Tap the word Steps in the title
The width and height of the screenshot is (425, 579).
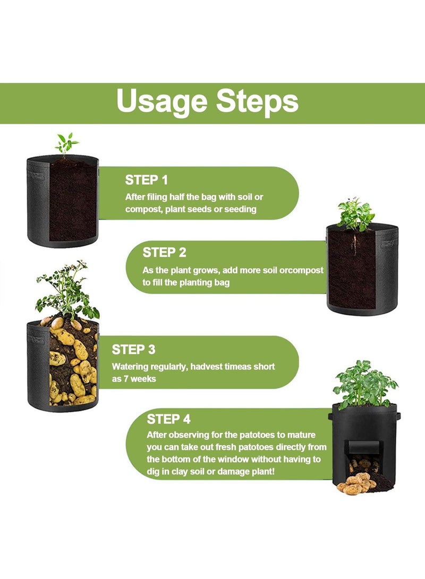pyautogui.click(x=257, y=100)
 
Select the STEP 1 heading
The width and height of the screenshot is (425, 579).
pyautogui.click(x=146, y=180)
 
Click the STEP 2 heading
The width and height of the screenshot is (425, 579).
pyautogui.click(x=165, y=253)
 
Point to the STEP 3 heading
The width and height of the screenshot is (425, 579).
pyautogui.click(x=134, y=349)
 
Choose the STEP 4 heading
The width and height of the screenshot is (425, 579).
pyautogui.click(x=168, y=419)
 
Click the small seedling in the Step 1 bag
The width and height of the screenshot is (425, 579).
pyautogui.click(x=66, y=144)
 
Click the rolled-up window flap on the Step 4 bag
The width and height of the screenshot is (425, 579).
pyautogui.click(x=363, y=447)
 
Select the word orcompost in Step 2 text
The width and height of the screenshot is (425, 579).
pyautogui.click(x=301, y=270)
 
